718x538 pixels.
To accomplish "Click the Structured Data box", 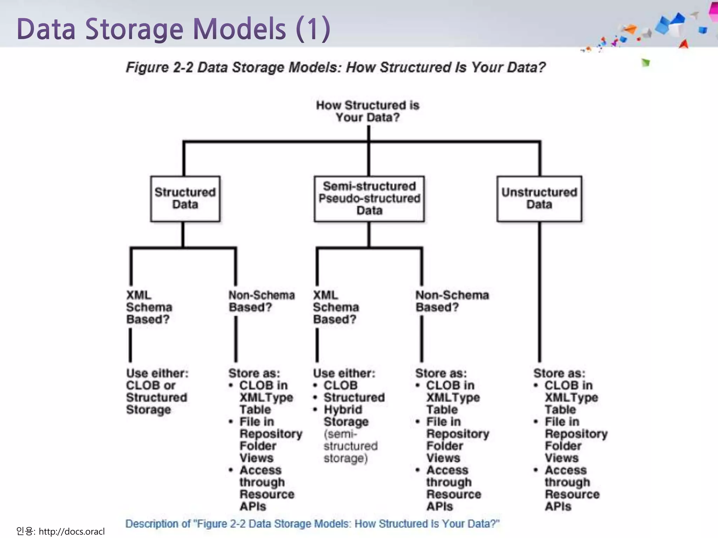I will point(185,199).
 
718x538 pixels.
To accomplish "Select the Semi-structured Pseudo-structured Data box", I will point(369,199).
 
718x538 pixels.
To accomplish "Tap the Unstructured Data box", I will point(539,199).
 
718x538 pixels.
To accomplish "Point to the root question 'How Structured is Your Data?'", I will point(368,111).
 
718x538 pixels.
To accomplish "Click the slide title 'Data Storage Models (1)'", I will point(173,29).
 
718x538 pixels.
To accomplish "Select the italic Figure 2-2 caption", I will point(336,67).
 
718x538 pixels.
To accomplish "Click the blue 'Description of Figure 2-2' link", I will point(312,524).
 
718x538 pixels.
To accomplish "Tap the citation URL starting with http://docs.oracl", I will point(72,531).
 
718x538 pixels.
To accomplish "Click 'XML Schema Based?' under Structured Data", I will point(149,307).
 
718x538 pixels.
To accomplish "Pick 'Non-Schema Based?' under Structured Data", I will point(262,301).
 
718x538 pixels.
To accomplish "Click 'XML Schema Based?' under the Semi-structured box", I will point(336,307).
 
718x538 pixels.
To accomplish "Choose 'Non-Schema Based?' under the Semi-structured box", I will point(452,301).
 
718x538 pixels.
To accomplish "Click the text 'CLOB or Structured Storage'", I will point(156,398).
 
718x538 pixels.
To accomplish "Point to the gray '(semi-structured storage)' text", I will point(350,446).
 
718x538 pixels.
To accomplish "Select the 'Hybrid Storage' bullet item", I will point(345,415).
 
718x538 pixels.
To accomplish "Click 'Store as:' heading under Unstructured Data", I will point(559,373).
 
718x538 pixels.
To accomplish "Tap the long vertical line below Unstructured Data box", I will point(539,291).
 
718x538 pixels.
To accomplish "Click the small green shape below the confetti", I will point(645,63).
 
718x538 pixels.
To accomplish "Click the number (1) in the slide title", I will point(313,29).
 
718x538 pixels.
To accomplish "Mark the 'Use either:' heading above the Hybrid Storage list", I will point(344,373).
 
